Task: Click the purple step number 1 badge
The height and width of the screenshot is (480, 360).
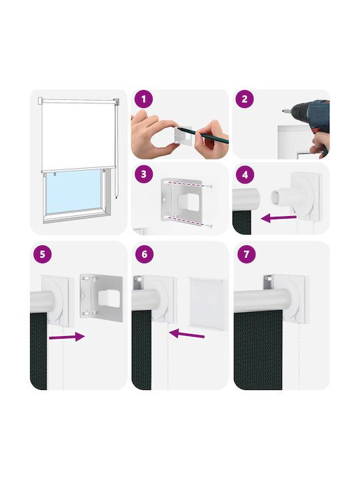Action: (x=143, y=99)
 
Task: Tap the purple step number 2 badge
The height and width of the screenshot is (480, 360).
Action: (x=244, y=99)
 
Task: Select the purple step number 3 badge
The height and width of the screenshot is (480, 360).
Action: (x=143, y=174)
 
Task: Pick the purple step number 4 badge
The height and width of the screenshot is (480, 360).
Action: (x=245, y=175)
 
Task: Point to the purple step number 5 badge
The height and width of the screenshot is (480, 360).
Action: (x=42, y=254)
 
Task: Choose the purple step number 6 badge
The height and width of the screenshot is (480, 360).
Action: (x=145, y=254)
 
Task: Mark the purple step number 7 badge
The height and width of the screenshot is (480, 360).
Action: (x=247, y=254)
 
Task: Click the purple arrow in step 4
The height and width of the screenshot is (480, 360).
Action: (x=279, y=218)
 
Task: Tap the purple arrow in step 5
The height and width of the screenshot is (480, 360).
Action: (x=67, y=337)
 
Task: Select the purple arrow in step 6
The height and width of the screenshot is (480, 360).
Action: (x=187, y=334)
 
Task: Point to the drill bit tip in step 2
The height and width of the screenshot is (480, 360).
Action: (x=283, y=111)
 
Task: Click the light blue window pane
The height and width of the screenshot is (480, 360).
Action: (x=73, y=191)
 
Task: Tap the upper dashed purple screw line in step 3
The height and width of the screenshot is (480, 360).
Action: (x=187, y=184)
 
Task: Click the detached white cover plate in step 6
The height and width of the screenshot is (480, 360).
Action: (x=207, y=304)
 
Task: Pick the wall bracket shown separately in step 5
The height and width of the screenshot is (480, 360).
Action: (x=101, y=297)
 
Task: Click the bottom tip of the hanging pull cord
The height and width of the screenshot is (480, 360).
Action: (x=116, y=198)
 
